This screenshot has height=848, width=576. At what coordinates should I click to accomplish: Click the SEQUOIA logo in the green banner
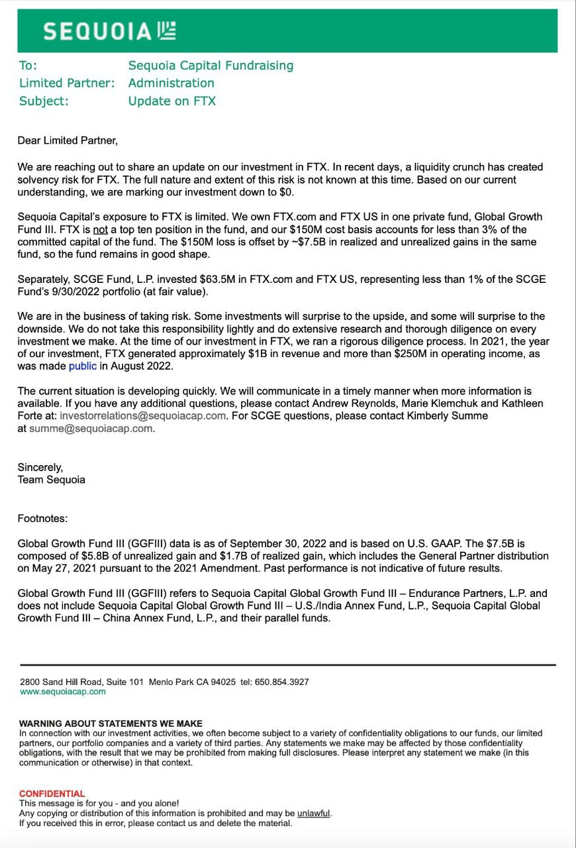click(109, 31)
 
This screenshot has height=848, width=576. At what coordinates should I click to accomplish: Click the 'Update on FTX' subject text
click(171, 101)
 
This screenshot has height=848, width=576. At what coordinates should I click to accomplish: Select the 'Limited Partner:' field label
click(67, 83)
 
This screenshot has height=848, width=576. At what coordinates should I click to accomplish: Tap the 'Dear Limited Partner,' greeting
click(68, 140)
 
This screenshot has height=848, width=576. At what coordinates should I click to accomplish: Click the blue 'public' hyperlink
click(83, 366)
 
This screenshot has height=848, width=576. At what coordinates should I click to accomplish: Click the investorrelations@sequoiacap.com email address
click(143, 415)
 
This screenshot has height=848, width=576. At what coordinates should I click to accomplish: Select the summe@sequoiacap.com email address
click(91, 428)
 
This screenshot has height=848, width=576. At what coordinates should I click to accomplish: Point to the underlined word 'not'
click(100, 229)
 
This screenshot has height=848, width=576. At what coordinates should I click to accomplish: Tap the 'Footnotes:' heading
click(42, 518)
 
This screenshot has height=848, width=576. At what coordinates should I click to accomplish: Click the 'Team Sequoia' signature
click(51, 479)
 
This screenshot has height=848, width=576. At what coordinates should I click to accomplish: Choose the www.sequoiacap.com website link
click(63, 691)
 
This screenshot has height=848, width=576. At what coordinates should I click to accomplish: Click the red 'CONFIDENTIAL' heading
click(52, 793)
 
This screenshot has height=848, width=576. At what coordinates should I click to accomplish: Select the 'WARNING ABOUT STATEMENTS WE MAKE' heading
click(111, 723)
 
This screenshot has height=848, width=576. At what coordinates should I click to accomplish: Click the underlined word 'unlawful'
click(313, 813)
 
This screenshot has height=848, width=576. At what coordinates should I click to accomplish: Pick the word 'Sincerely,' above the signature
click(40, 467)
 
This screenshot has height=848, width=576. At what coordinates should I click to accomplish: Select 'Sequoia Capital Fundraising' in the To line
click(211, 66)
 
